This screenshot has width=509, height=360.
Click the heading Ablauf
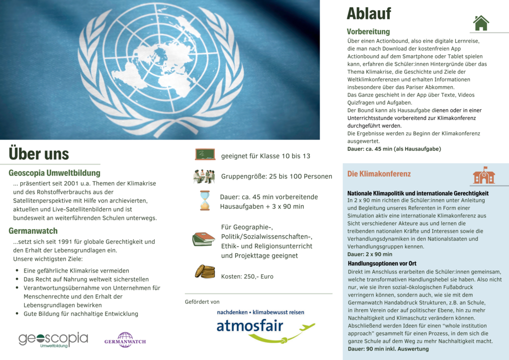[x=368, y=14]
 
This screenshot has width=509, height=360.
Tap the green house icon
[x=481, y=23]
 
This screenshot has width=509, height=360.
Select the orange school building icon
[x=483, y=175]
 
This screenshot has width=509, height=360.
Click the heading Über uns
[x=39, y=154]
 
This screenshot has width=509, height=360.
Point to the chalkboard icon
[x=205, y=154]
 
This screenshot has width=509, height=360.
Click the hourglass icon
[x=205, y=200]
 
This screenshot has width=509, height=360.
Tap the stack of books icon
[x=203, y=239]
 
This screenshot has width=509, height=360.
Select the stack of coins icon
[x=205, y=271]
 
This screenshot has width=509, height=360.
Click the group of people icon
[x=204, y=176]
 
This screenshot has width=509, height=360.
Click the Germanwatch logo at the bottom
[x=125, y=340]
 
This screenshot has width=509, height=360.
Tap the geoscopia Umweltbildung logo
[x=53, y=340]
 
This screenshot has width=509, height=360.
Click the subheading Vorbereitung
[x=368, y=32]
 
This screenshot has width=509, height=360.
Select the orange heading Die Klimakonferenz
[x=379, y=174]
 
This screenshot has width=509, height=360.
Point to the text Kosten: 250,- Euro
[x=247, y=276]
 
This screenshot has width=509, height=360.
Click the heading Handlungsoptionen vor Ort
[x=382, y=263]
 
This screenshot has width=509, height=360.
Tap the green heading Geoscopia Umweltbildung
[x=54, y=173]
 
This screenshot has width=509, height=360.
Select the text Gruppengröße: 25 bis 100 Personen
[x=276, y=177]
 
